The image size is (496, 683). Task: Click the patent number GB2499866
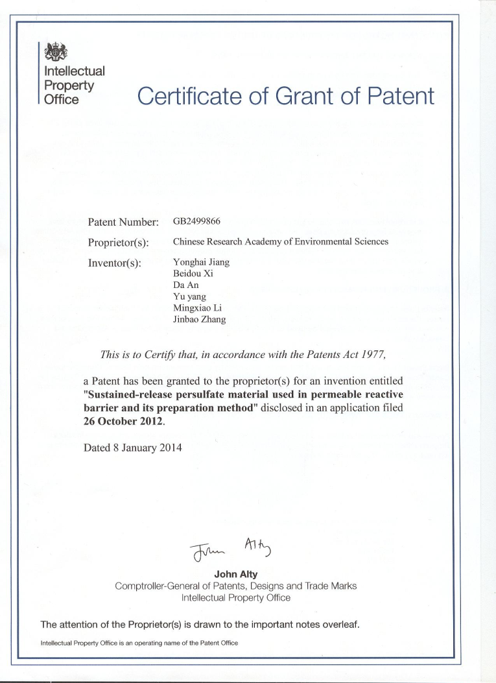click(x=197, y=221)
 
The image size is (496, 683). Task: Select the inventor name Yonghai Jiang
click(x=201, y=262)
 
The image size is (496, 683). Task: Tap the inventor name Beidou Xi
click(x=193, y=274)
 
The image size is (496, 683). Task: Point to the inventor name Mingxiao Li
click(x=198, y=307)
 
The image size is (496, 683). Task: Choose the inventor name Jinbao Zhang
click(x=200, y=319)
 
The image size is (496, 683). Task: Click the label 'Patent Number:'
click(x=123, y=222)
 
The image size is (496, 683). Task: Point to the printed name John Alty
click(x=235, y=574)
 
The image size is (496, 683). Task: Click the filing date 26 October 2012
click(x=124, y=420)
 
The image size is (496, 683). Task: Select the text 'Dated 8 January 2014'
click(x=133, y=448)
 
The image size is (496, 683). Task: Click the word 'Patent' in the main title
click(x=400, y=97)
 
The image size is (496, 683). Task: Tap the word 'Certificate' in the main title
click(x=191, y=97)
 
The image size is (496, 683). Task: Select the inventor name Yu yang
click(x=186, y=296)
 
